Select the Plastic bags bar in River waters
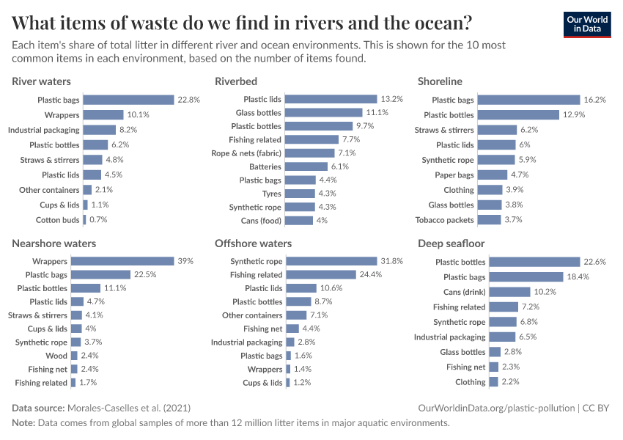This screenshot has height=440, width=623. pyautogui.click(x=128, y=100)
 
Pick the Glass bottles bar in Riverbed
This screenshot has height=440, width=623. pyautogui.click(x=324, y=113)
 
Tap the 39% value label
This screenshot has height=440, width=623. pyautogui.click(x=186, y=261)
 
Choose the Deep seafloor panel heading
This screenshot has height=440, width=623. pyautogui.click(x=451, y=243)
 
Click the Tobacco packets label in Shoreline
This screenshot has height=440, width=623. pyautogui.click(x=444, y=220)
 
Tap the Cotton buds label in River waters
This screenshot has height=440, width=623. pyautogui.click(x=57, y=220)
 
